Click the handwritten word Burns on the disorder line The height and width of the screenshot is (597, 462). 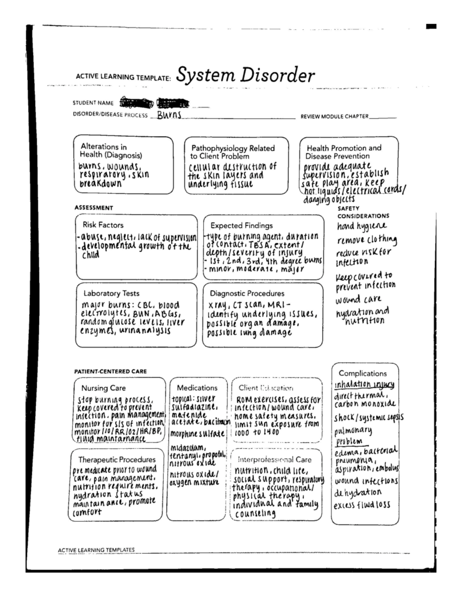tap(169, 115)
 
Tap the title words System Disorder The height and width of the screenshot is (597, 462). tap(245, 75)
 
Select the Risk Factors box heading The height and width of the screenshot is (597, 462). tap(103, 225)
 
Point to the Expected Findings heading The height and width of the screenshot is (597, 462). tap(241, 226)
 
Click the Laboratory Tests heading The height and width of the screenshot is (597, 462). tap(111, 293)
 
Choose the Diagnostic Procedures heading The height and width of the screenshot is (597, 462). tap(247, 293)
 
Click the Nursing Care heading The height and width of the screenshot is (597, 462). tap(103, 388)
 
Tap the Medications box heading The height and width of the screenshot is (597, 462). tap(197, 388)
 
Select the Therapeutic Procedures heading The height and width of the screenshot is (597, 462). tap(117, 459)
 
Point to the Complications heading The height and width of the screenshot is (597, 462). tap(362, 373)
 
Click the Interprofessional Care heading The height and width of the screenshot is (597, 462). tap(275, 459)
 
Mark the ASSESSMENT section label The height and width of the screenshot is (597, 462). tap(94, 208)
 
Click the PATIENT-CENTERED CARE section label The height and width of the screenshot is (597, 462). tap(110, 371)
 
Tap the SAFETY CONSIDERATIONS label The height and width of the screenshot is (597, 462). tap(363, 212)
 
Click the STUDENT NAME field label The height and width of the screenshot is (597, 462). tap(93, 103)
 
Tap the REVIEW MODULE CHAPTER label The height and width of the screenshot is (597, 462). tap(334, 116)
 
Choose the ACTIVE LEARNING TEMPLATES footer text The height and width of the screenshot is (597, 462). tap(96, 550)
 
